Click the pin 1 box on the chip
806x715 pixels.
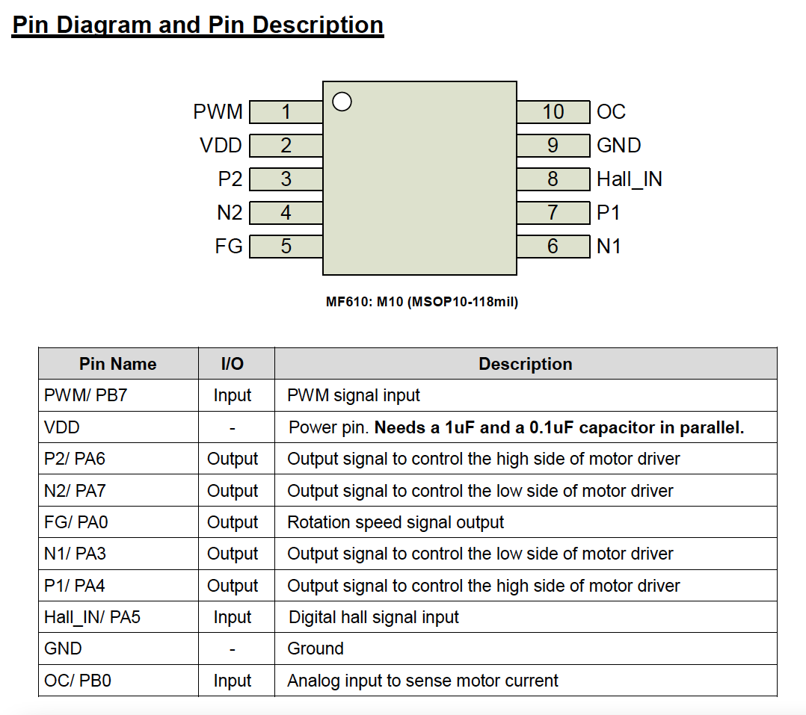(286, 112)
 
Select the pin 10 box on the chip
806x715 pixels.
(553, 112)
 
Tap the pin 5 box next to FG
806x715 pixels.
(286, 247)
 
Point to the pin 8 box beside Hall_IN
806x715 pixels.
(553, 179)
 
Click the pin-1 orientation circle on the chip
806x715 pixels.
(342, 102)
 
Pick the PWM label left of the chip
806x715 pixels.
(218, 112)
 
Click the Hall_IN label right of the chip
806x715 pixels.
(630, 179)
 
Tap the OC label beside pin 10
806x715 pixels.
(611, 112)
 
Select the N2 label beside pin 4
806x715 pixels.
(230, 213)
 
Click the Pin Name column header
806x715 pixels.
(118, 364)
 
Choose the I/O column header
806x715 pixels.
(233, 364)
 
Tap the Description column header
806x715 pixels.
(525, 364)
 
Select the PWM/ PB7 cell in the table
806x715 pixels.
(86, 395)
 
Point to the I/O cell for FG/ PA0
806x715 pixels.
(233, 522)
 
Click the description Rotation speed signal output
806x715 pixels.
(396, 522)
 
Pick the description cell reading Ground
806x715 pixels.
(316, 649)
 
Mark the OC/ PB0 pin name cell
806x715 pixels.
(78, 681)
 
